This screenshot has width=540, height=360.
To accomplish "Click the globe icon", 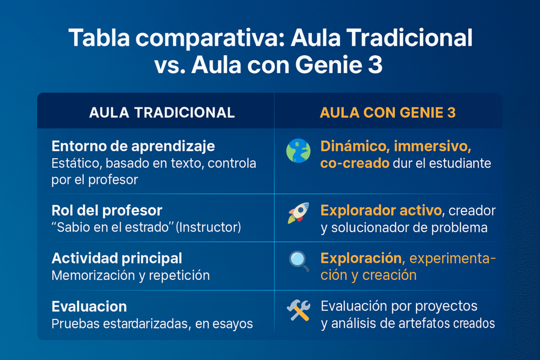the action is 298,151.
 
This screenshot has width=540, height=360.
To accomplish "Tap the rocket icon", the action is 298,213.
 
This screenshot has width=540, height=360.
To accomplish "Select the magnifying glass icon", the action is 299,261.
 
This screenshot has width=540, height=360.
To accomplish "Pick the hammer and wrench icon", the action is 298,310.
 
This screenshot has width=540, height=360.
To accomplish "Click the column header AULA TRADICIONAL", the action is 162,113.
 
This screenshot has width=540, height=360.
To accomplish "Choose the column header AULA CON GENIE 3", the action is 388,113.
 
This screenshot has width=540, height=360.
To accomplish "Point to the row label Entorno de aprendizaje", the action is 133,147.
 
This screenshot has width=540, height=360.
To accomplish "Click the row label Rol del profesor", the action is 107,210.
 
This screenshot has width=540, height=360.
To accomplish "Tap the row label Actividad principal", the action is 117,258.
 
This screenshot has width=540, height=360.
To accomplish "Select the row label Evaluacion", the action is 89,306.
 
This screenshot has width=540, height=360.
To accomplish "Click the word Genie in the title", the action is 329,65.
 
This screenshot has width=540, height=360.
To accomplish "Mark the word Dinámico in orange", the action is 355,147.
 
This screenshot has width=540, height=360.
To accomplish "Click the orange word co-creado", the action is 355,163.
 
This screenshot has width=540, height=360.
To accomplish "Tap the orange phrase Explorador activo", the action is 381,210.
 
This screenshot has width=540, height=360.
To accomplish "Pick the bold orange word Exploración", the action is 361,258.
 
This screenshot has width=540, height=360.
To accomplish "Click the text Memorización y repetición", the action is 131,275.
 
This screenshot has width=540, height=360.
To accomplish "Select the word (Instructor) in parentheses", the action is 208,227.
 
